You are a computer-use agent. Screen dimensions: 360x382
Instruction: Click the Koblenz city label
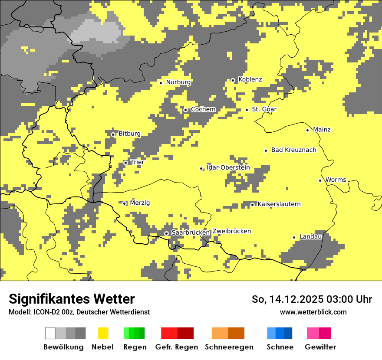pyautogui.click(x=250, y=79)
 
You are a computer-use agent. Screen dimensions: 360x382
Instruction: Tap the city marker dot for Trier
pyautogui.click(x=126, y=163)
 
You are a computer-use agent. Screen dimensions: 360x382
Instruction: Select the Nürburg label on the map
pyautogui.click(x=178, y=82)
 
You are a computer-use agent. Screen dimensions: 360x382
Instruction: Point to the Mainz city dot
pyautogui.click(x=308, y=130)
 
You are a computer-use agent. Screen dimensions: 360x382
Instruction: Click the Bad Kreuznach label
pyautogui.click(x=293, y=150)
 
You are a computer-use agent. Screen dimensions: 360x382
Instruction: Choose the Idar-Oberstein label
pyautogui.click(x=228, y=167)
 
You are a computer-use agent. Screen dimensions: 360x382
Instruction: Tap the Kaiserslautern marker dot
pyautogui.click(x=252, y=205)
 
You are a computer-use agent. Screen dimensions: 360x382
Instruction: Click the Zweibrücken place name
pyautogui.click(x=231, y=231)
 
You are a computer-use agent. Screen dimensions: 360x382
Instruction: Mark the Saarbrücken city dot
pyautogui.click(x=166, y=233)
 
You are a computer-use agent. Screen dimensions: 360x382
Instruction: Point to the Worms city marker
pyautogui.click(x=320, y=180)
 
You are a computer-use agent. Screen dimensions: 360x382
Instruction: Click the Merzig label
pyautogui.click(x=140, y=203)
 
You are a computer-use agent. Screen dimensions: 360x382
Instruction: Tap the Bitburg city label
pyautogui.click(x=129, y=134)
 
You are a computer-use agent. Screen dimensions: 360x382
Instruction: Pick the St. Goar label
pyautogui.click(x=264, y=109)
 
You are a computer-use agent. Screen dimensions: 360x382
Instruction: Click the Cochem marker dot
pyautogui.click(x=186, y=110)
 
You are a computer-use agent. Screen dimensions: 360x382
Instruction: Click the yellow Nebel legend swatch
pyautogui.click(x=103, y=333)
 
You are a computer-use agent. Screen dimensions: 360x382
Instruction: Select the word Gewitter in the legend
pyautogui.click(x=320, y=347)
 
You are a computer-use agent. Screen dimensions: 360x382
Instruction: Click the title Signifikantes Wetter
pyautogui.click(x=72, y=299)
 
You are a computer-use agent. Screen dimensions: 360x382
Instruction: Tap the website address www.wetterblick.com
pyautogui.click(x=313, y=312)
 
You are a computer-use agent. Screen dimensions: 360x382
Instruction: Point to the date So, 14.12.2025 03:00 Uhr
pyautogui.click(x=312, y=299)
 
